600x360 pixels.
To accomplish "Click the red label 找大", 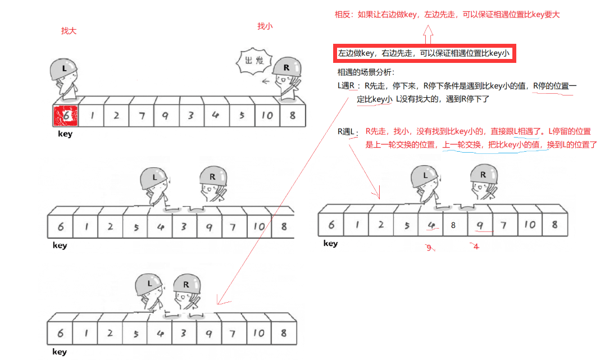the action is [x=69, y=31].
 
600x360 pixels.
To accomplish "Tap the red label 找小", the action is [x=265, y=26].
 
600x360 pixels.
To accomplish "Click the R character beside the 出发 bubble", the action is [x=288, y=79].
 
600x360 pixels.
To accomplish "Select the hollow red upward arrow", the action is [x=427, y=36].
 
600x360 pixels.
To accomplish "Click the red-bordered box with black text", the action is [x=424, y=54].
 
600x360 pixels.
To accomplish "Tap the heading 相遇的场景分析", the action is [x=366, y=72].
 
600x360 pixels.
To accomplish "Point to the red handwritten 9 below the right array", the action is [x=430, y=247].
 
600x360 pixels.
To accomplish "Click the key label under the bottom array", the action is [x=60, y=352].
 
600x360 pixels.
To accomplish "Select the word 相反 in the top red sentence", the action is [x=343, y=14].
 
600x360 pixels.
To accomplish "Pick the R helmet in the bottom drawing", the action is [x=186, y=285].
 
